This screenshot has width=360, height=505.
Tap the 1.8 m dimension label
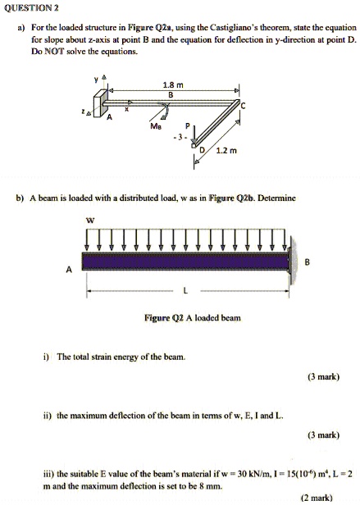pos(170,84)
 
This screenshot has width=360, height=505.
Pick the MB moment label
pos(156,126)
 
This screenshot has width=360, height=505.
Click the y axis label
pos(96,80)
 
